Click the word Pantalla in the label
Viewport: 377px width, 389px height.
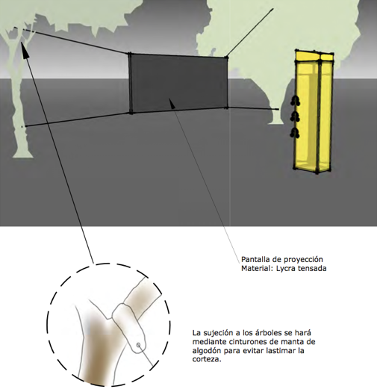click(x=252, y=259)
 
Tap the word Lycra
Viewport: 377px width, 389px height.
click(x=284, y=269)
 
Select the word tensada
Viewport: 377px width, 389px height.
click(x=311, y=269)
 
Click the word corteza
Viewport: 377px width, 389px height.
click(x=207, y=360)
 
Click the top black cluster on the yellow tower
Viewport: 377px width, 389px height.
click(x=295, y=101)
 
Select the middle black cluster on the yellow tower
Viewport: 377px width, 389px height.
click(x=295, y=116)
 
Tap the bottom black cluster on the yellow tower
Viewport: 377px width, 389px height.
click(x=295, y=132)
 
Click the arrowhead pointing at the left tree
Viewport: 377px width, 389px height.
click(x=24, y=49)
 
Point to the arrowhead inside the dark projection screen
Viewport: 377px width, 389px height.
click(x=172, y=103)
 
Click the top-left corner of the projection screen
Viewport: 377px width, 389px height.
click(x=129, y=54)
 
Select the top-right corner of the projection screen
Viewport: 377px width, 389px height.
click(x=226, y=57)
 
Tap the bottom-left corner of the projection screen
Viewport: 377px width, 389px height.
click(x=131, y=113)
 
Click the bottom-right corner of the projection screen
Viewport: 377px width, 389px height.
click(x=226, y=108)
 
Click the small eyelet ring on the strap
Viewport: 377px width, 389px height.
click(x=139, y=345)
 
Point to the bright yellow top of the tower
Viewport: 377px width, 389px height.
click(x=314, y=57)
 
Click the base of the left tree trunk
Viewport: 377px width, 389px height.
click(x=23, y=155)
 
